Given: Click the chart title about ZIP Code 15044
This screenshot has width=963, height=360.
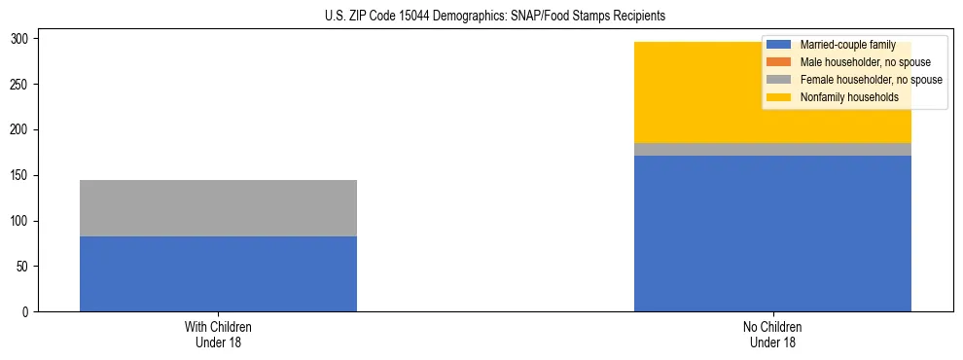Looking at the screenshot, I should pos(495,17).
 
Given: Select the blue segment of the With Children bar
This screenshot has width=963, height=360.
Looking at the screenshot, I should pos(218,273).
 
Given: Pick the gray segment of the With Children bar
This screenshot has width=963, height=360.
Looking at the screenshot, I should pos(218,208).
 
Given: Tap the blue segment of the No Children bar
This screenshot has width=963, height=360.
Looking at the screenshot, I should pos(772,234).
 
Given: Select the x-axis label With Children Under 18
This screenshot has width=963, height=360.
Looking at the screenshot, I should pos(218,334).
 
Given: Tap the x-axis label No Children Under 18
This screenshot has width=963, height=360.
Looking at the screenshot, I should pos(772,334).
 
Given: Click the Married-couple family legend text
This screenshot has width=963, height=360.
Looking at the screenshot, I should pos(847,45).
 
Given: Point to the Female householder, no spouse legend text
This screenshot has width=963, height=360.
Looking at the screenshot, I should pos(871,80).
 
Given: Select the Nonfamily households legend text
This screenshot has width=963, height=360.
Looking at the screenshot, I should pos(849,97).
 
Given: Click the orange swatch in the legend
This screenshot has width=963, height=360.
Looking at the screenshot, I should pos(778,62).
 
